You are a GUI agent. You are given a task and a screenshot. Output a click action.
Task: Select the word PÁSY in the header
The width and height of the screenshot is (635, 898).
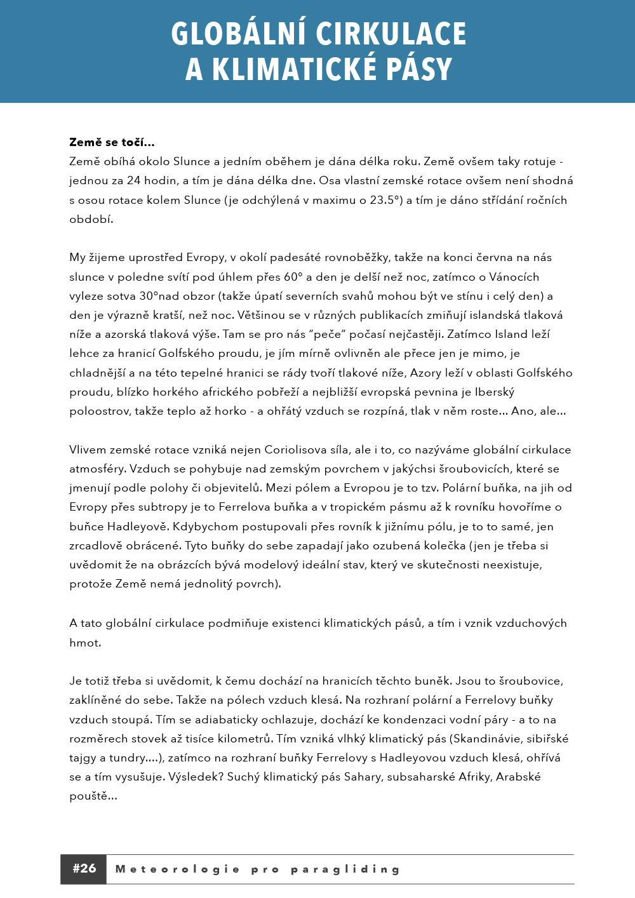click(419, 69)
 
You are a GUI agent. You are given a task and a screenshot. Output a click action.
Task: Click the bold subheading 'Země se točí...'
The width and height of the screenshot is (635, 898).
click(112, 142)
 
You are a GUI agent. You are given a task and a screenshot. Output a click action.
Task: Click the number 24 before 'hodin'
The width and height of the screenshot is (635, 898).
click(133, 180)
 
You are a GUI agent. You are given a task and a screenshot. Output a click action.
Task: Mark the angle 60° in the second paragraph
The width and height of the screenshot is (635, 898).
click(293, 277)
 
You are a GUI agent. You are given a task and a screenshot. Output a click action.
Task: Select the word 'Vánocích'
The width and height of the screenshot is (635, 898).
click(514, 277)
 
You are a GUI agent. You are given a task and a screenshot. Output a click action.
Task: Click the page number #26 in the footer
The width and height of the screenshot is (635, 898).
click(84, 869)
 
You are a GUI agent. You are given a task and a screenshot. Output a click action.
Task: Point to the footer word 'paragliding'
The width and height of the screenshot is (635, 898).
click(345, 869)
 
